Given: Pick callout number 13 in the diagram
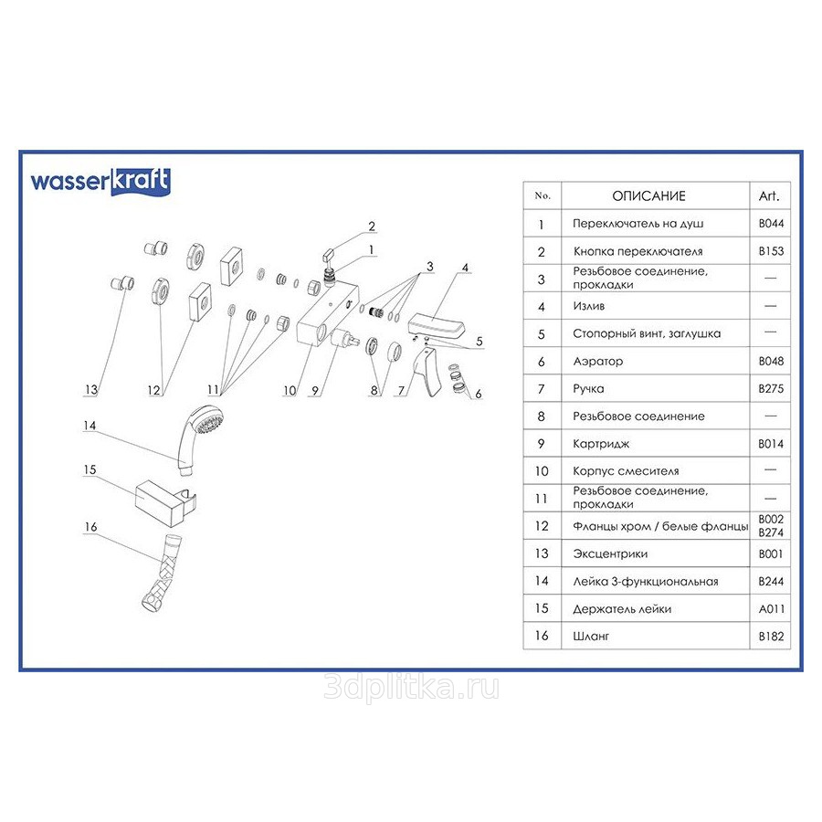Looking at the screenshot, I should (90, 390).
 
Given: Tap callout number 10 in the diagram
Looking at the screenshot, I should (289, 390).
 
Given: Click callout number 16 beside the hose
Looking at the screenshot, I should (90, 526).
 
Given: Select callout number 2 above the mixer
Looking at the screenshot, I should (372, 226).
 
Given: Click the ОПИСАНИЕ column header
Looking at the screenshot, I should (648, 195).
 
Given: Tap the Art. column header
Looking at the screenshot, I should (768, 195).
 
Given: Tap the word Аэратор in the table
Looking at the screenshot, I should (597, 362).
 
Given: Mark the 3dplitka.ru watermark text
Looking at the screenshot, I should (411, 688).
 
